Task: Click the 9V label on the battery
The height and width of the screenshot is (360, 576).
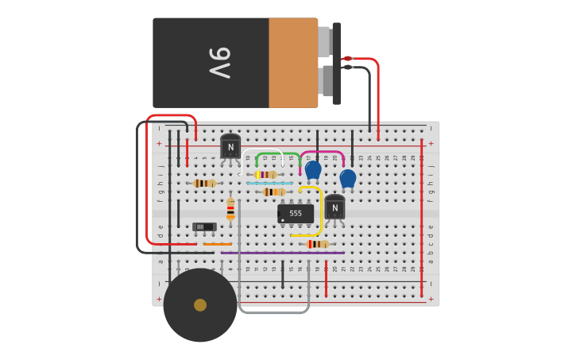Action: [219, 63]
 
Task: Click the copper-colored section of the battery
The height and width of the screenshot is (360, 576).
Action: [292, 63]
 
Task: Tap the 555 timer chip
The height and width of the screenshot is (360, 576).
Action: [295, 213]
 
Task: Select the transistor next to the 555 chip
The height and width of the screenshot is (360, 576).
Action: [334, 207]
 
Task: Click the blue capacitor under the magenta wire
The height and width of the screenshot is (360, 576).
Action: [313, 169]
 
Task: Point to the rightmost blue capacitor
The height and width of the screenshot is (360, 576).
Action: [348, 178]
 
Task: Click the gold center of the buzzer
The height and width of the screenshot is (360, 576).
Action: [200, 305]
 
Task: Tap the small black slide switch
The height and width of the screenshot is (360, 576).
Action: [204, 226]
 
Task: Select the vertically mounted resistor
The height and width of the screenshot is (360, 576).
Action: [230, 208]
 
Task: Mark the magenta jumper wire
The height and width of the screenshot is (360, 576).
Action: [322, 152]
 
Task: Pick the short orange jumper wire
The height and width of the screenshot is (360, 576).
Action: [217, 244]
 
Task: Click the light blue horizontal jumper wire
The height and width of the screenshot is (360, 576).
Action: [269, 183]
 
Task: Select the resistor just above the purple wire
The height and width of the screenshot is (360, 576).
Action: [318, 244]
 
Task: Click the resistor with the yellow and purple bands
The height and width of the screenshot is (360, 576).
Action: [265, 174]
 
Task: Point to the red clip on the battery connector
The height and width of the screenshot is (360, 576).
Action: [347, 58]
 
